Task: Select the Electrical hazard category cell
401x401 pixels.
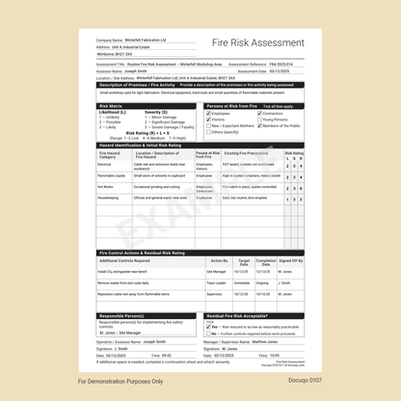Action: point(105,165)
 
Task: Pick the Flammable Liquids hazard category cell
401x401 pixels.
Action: point(112,176)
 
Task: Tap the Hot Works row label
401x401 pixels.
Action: point(106,187)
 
